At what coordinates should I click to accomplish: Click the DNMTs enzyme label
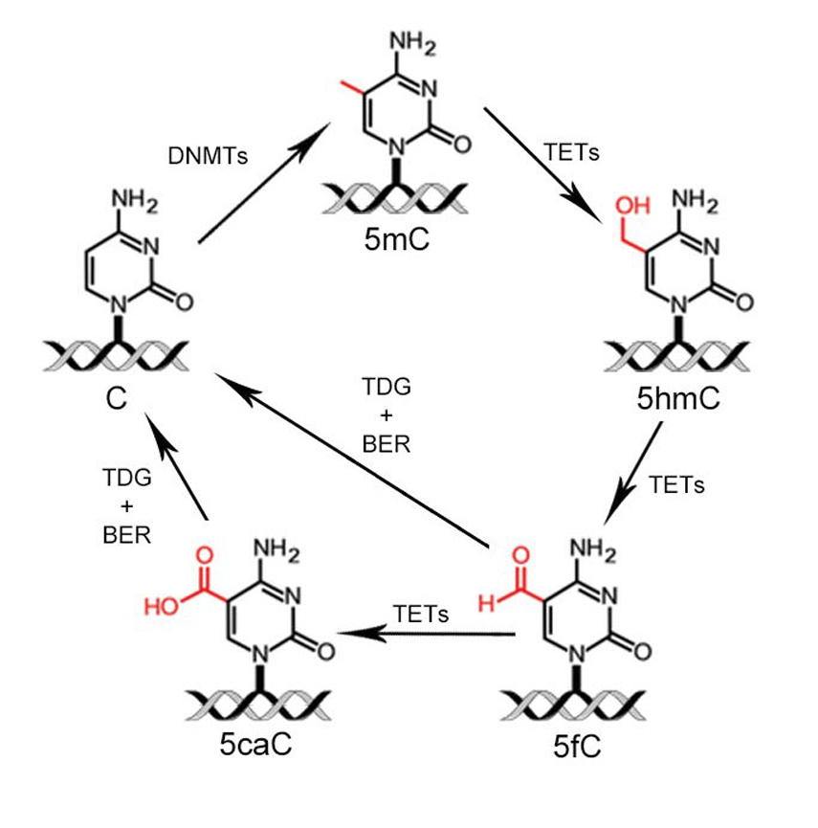(208, 154)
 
